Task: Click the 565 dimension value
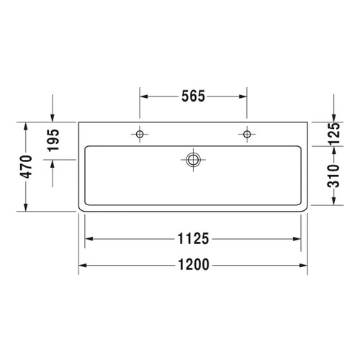[x=193, y=96]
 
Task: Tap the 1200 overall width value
[x=193, y=264]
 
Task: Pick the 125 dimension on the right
[x=333, y=133]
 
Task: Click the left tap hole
[x=140, y=134]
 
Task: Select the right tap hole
[x=247, y=134]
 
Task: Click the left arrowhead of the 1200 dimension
[x=82, y=264]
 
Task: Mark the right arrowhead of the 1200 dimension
[x=305, y=264]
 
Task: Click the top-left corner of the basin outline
[x=79, y=122]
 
